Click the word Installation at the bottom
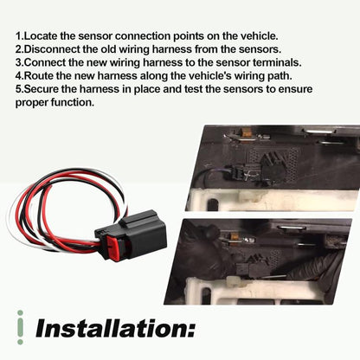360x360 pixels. coord(115,328)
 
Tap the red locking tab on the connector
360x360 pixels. coord(114,247)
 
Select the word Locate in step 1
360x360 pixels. coord(42,36)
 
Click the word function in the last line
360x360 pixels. coord(73,102)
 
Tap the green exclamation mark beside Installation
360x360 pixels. coord(20,327)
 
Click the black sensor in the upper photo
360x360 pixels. coord(273,167)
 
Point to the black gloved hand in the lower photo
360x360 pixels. coord(202,248)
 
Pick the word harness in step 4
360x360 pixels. coord(118,75)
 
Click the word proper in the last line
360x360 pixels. coord(32,103)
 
